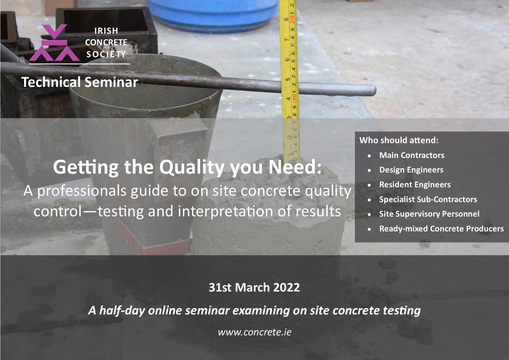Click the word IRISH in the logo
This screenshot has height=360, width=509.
[x=106, y=31]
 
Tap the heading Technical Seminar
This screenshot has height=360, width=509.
[x=80, y=82]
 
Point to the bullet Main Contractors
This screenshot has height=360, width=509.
[x=411, y=155]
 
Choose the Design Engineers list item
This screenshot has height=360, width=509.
[x=411, y=170]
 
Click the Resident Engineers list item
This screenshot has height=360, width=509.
[x=415, y=185]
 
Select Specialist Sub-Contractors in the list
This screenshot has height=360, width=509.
[x=428, y=199]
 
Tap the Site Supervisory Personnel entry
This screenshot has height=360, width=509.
[x=429, y=214]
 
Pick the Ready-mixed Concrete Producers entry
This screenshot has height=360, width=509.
[x=441, y=229]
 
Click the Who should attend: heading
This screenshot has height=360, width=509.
[x=399, y=140]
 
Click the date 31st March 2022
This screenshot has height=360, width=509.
[x=254, y=287]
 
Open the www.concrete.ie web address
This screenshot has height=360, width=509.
[x=255, y=332]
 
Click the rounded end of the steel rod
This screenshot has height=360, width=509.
[x=372, y=90]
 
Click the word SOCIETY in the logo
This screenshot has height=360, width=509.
[x=106, y=54]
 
